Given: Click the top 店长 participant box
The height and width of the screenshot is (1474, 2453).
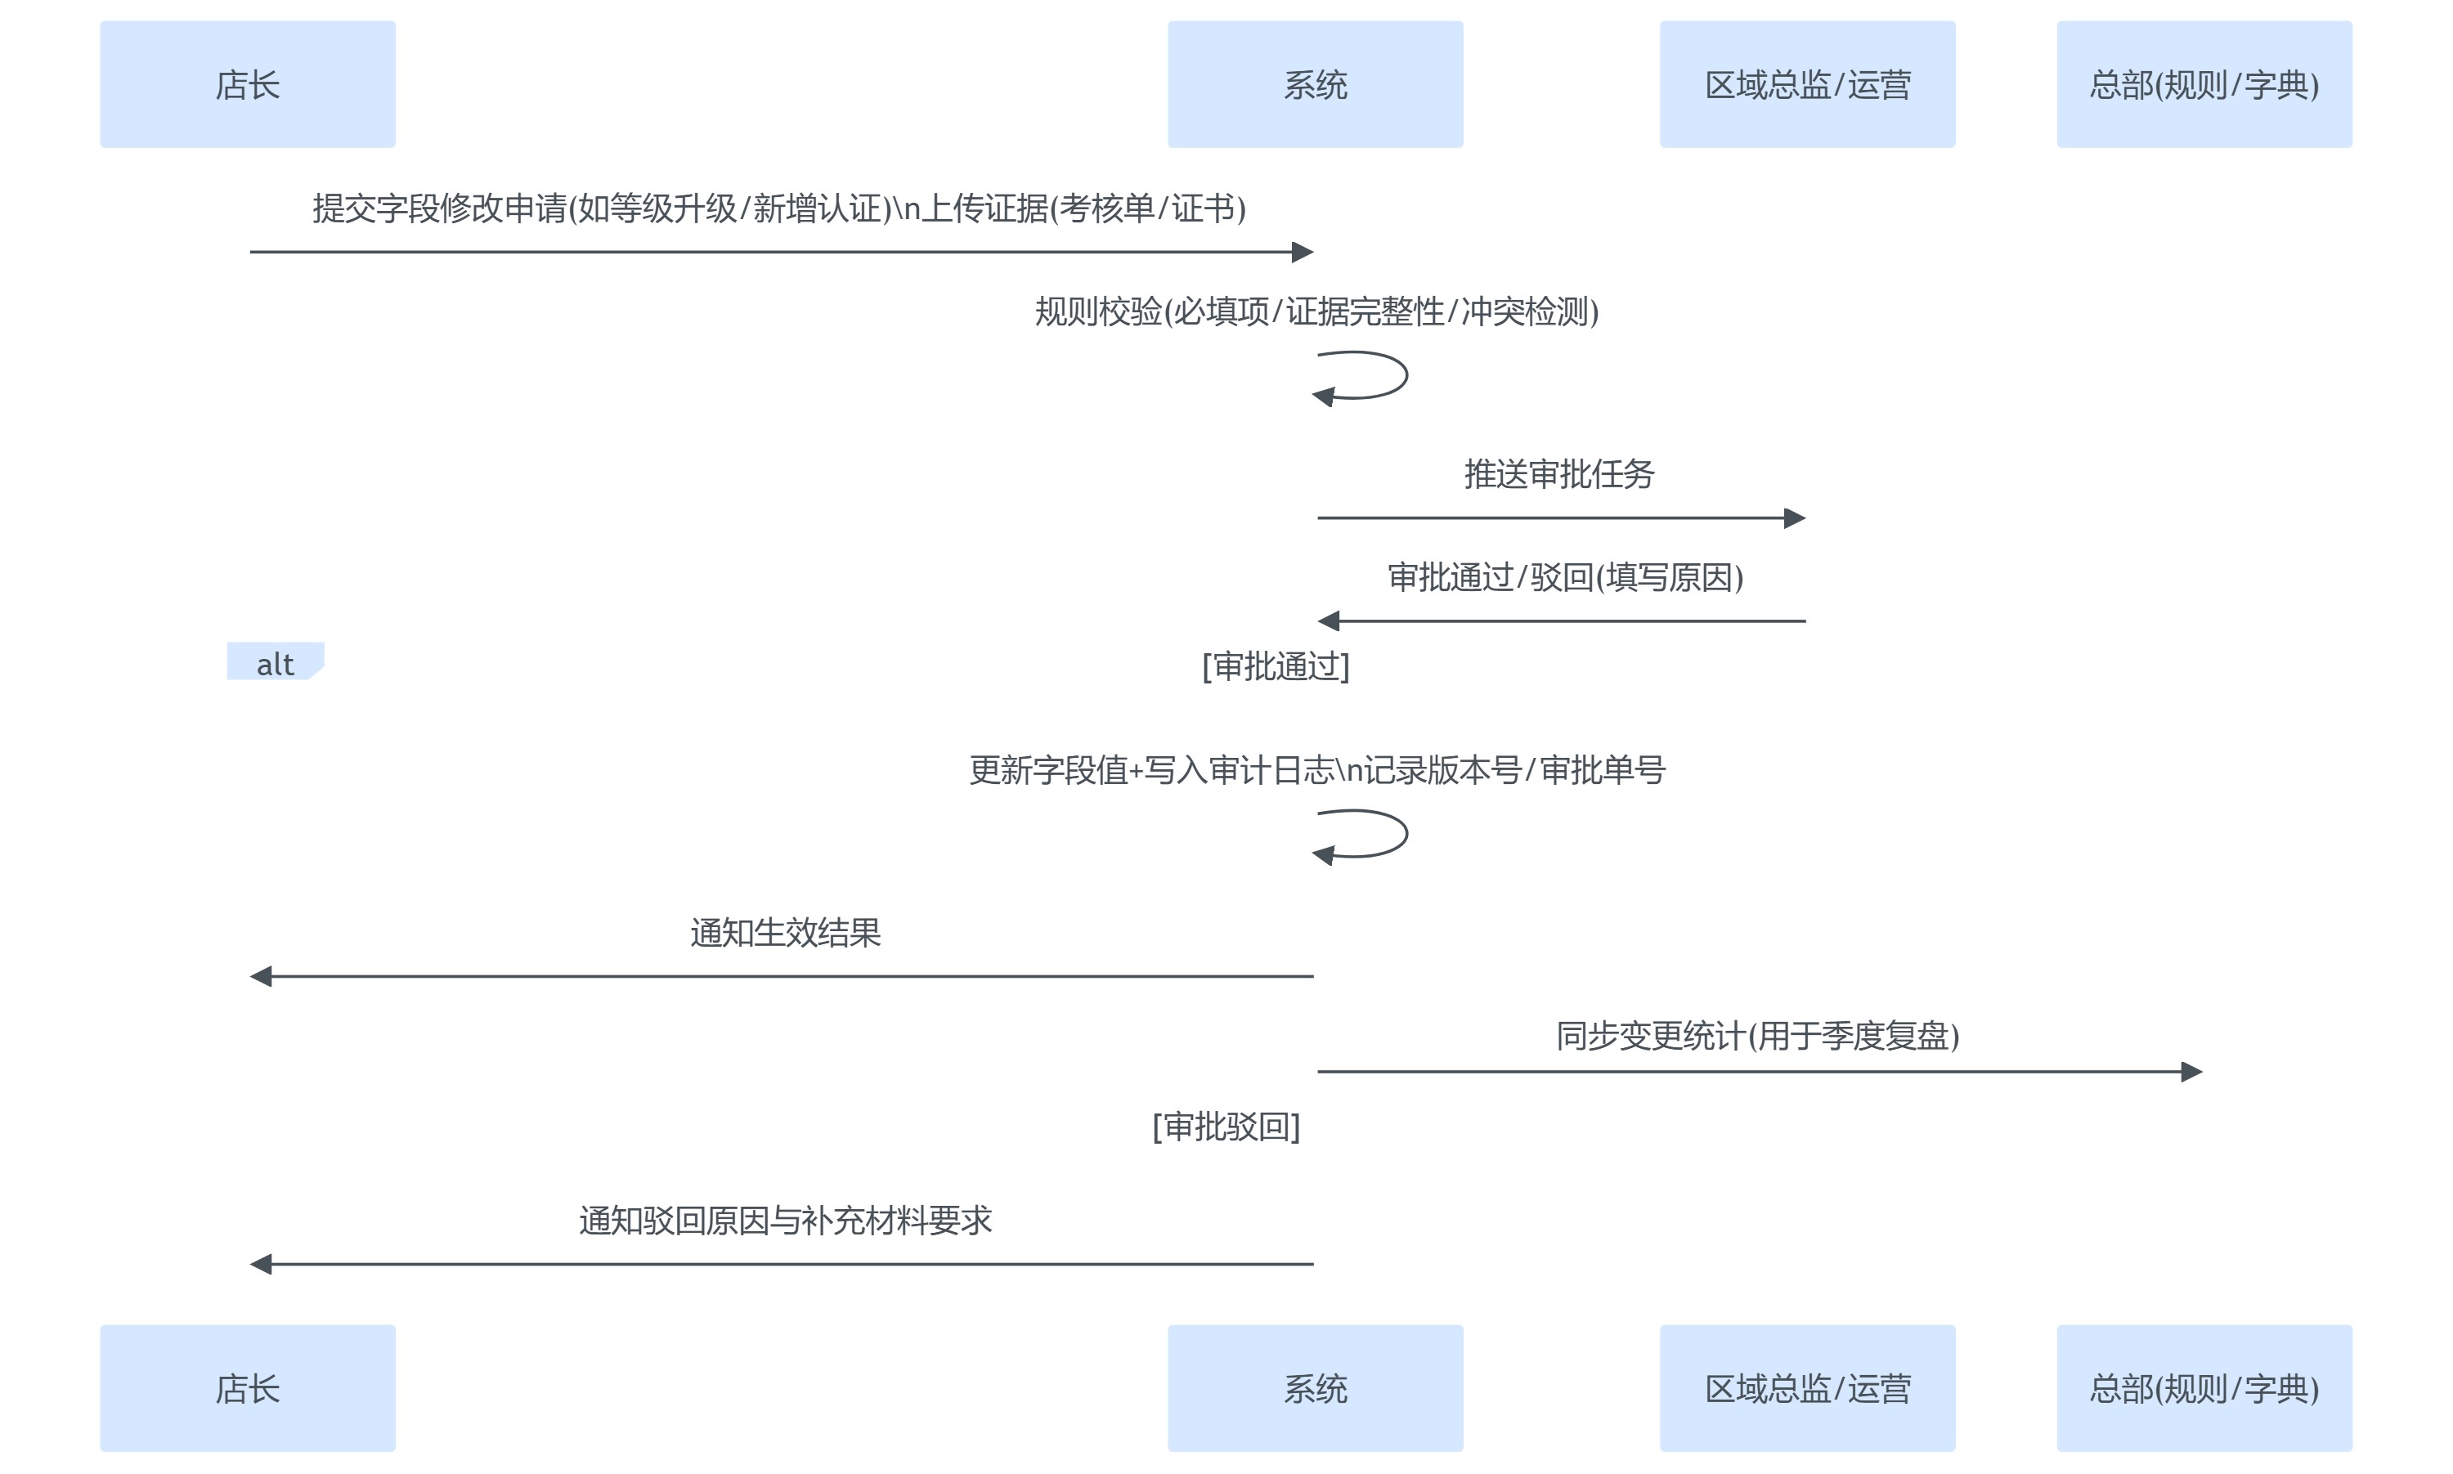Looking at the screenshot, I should [247, 84].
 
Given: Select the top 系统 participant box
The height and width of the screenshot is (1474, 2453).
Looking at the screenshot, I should [1315, 84].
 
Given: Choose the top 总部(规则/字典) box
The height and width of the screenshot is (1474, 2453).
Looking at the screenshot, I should [2204, 84].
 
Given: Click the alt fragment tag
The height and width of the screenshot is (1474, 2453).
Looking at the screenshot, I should [275, 662].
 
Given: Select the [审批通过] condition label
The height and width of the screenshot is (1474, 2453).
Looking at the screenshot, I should [1276, 666].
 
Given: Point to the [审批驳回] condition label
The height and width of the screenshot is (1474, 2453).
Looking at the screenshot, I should [1226, 1127].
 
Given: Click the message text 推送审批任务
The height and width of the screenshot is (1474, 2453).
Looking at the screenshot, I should [1559, 474].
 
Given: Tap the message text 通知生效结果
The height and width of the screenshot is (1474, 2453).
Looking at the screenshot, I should [785, 933].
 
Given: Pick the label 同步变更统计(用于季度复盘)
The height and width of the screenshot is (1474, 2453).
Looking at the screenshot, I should [1757, 1036].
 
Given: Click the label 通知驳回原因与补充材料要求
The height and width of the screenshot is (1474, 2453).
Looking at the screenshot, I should [785, 1221].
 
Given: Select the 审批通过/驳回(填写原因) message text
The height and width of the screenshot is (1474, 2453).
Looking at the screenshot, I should [1565, 577].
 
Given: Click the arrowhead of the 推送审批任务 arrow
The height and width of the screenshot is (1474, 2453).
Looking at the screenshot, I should [1795, 517].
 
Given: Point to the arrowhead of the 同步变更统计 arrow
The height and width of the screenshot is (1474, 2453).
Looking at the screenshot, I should [2192, 1072].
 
